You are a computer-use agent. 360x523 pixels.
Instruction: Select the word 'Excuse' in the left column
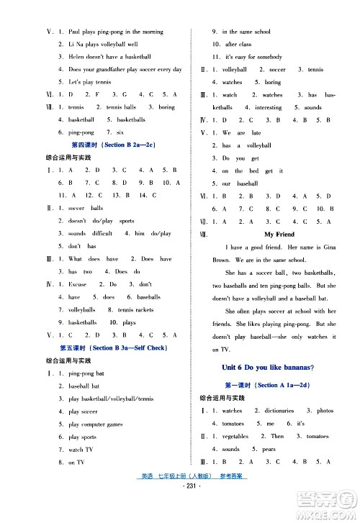pos(77,284)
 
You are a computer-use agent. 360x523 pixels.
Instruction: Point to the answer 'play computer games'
pos(99,424)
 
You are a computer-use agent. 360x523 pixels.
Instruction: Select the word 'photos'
pos(325,411)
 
